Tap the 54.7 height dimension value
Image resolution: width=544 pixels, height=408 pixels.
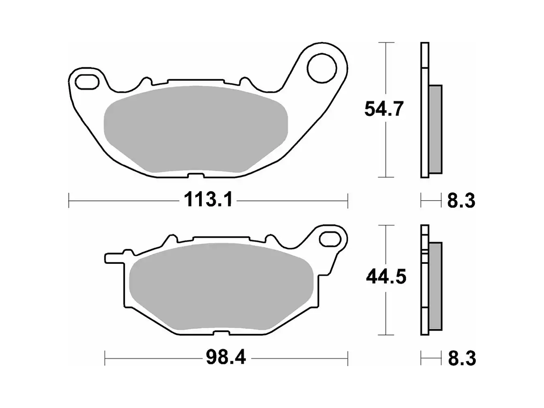click(384, 109)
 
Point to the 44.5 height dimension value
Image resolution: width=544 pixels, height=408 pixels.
click(386, 277)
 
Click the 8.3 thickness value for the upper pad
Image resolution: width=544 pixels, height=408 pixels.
click(461, 200)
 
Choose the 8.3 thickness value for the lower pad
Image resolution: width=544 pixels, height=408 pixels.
click(461, 358)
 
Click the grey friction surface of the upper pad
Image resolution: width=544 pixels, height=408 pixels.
click(196, 129)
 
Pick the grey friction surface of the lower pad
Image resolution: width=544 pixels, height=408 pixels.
click(222, 286)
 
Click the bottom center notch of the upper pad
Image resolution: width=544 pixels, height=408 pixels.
click(195, 175)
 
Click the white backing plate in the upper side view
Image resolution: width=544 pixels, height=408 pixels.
click(425, 110)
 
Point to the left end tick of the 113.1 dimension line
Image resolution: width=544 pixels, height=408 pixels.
click(69, 201)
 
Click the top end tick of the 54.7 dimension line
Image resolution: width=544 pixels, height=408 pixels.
click(386, 43)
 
